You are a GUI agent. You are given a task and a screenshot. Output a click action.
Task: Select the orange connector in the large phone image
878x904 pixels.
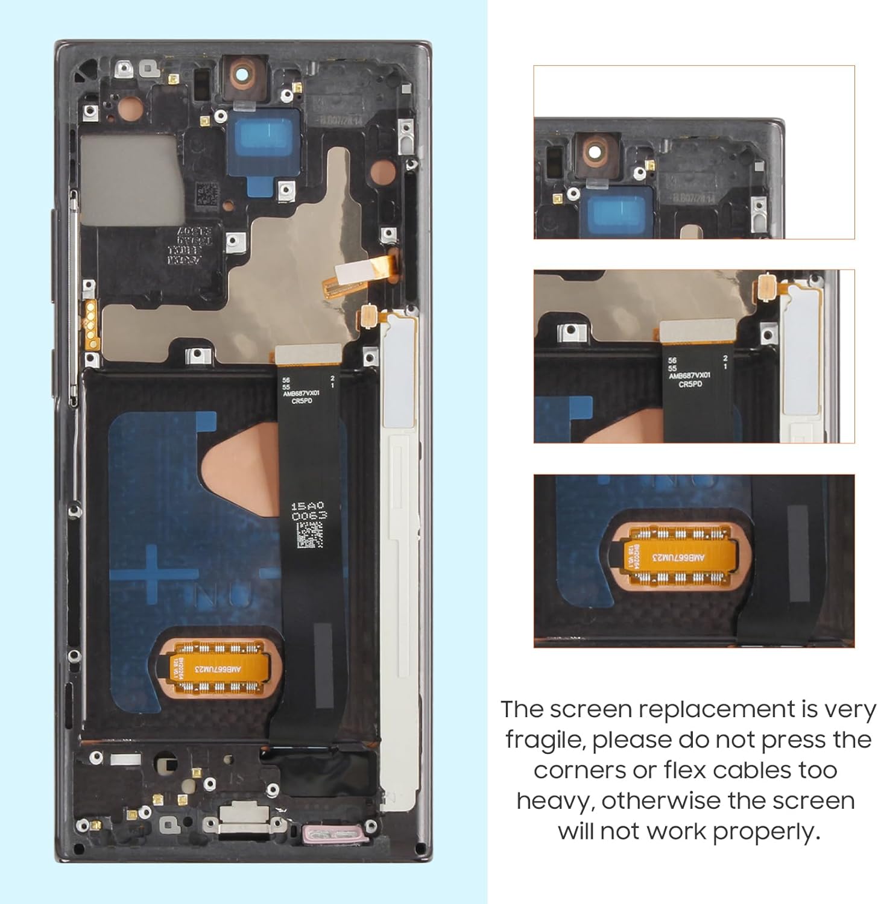coord(219,668)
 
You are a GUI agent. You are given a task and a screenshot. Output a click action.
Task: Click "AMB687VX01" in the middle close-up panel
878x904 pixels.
coord(689,375)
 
